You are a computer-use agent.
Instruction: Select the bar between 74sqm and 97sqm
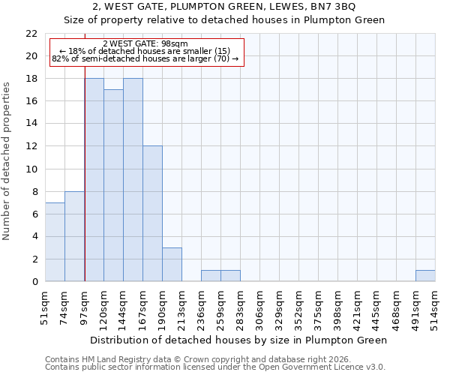(74, 236)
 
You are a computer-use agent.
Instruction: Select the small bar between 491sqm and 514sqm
(425, 276)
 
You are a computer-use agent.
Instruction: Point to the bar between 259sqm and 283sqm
(230, 276)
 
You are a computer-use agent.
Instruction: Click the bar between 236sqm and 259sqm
(211, 276)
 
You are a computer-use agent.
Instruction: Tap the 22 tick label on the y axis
(31, 34)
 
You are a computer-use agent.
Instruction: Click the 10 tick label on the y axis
(31, 169)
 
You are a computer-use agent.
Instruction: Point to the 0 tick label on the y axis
(34, 282)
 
